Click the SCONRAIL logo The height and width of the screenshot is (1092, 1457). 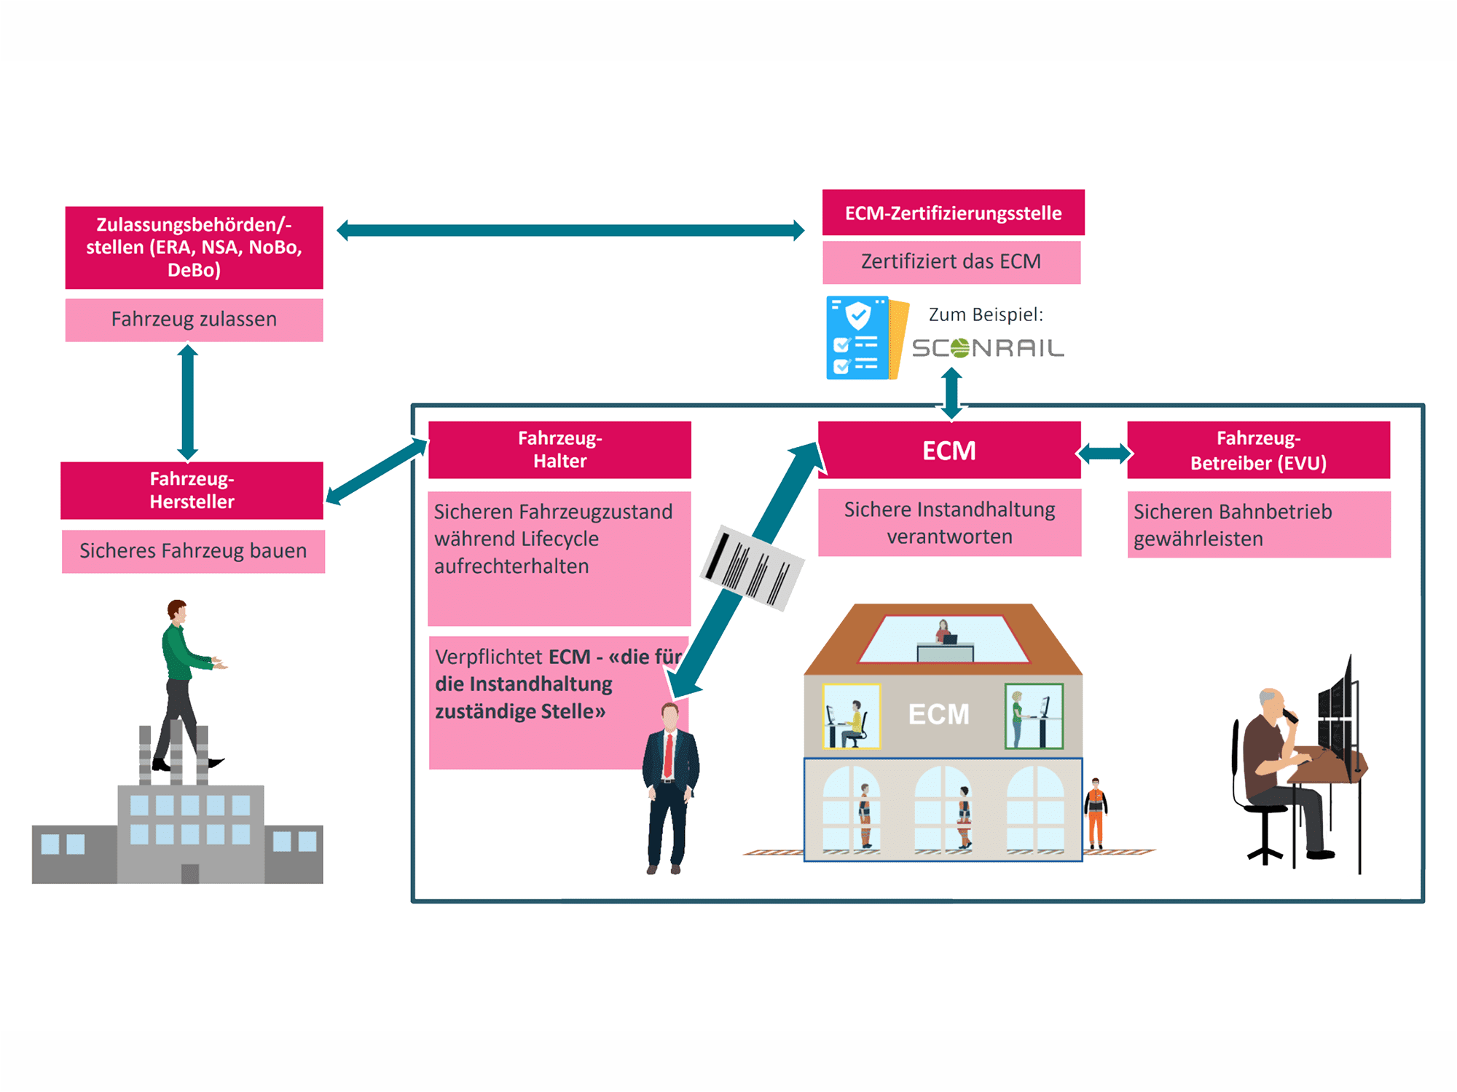987,348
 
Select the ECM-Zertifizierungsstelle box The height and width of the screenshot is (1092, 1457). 953,213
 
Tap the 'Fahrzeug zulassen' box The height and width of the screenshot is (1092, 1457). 194,320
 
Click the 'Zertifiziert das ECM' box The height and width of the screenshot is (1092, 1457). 951,262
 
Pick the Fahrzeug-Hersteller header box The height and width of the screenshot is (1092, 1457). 192,490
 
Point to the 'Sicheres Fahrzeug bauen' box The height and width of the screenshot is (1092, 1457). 193,551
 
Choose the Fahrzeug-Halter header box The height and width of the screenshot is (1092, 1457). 559,449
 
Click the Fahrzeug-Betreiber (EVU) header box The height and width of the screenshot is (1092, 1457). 1258,450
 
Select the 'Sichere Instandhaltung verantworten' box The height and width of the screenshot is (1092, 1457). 949,523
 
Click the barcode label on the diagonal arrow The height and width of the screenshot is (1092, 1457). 753,567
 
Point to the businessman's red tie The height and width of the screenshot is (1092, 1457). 668,756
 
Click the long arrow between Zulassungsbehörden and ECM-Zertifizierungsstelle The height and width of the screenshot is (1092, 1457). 570,231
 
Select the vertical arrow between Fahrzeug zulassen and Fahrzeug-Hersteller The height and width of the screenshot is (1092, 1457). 188,402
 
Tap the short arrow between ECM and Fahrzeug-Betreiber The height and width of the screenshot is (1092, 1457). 1104,454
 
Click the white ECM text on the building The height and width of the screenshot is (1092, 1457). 938,714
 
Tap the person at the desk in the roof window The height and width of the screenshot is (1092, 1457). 944,633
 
